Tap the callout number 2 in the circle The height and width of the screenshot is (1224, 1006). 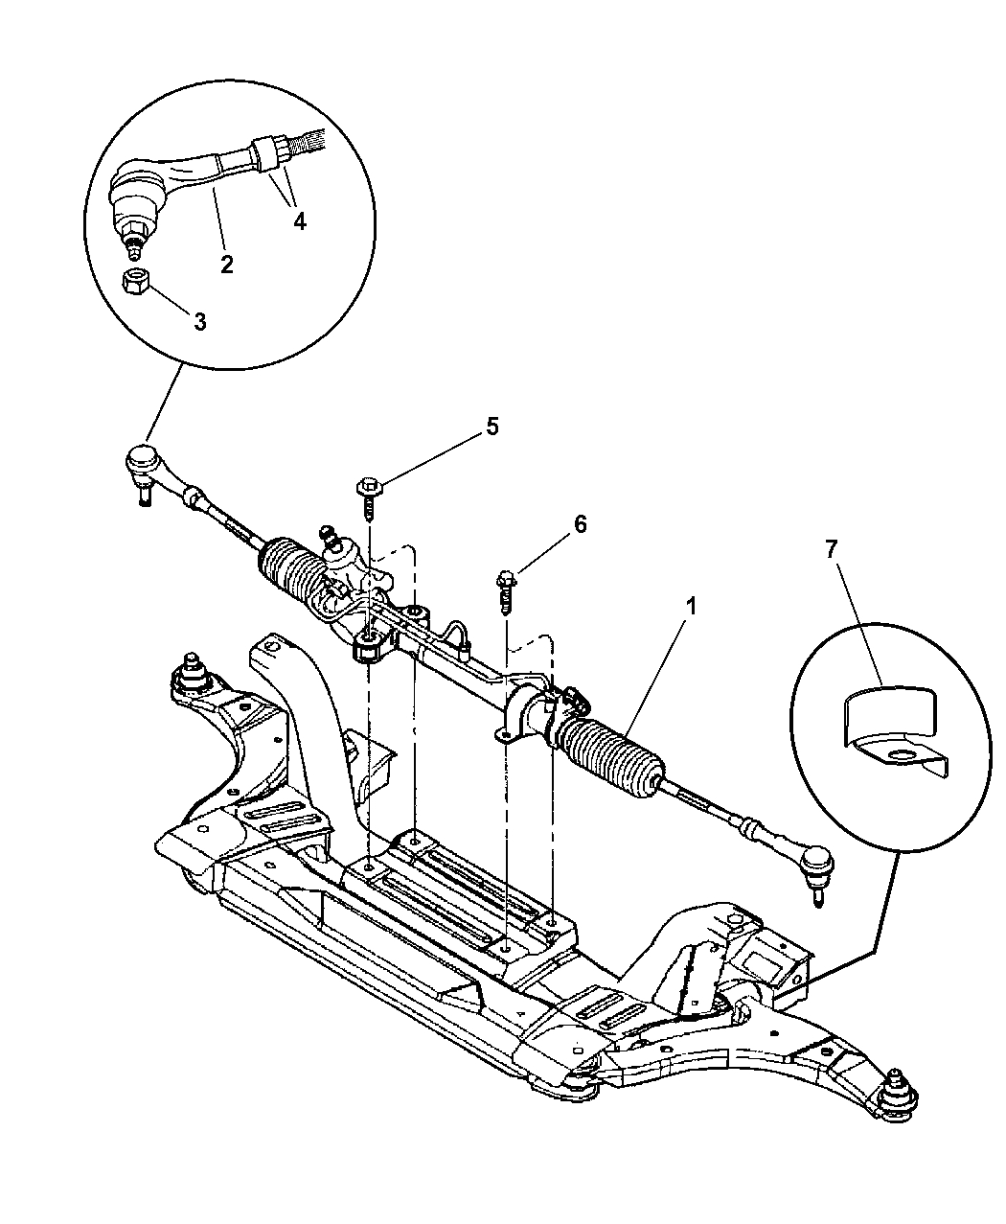(227, 265)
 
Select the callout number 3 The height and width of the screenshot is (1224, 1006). (199, 323)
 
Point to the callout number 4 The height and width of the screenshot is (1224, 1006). (300, 220)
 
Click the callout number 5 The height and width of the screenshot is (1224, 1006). (492, 427)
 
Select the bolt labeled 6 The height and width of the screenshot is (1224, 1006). (506, 589)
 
